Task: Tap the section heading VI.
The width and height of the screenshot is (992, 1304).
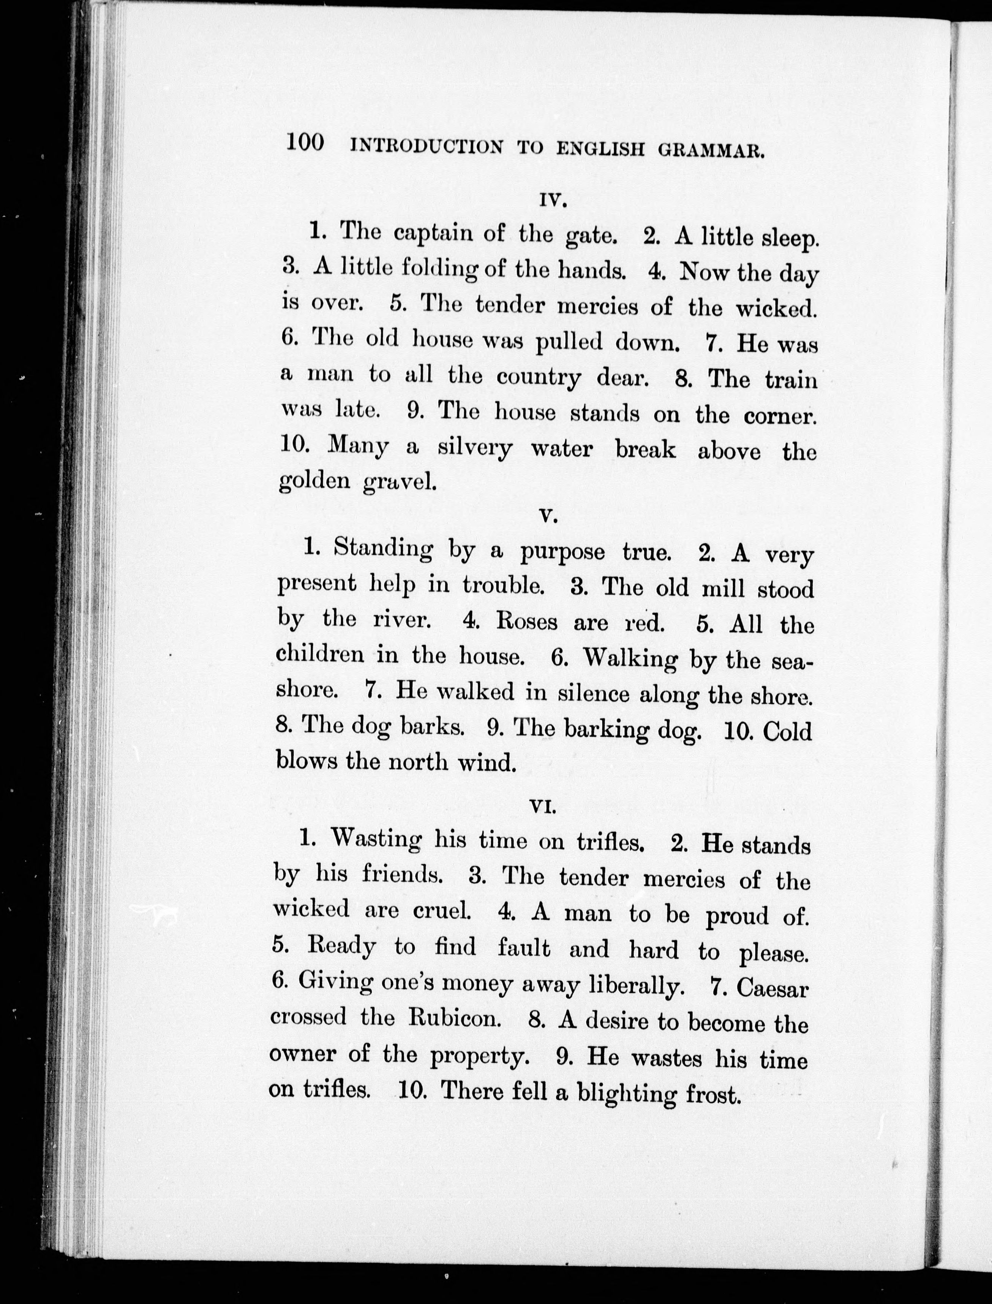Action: coord(544,807)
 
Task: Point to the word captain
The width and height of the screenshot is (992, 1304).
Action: coord(433,233)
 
